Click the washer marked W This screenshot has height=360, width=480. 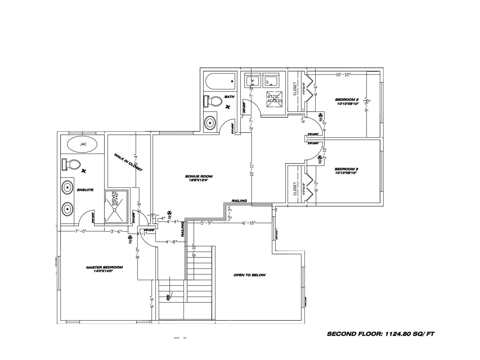pos(252,81)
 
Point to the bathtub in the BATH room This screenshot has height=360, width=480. pos(220,81)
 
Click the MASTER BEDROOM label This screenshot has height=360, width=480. pos(104,269)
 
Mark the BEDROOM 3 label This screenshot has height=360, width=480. pos(346,171)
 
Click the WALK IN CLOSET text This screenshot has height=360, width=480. pos(128,162)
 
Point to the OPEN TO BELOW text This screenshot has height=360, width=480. pos(249,275)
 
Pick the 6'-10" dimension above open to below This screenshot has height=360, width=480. pos(249,223)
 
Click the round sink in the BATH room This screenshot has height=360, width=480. pos(210,123)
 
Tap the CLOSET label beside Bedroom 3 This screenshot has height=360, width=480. pos(295,188)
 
